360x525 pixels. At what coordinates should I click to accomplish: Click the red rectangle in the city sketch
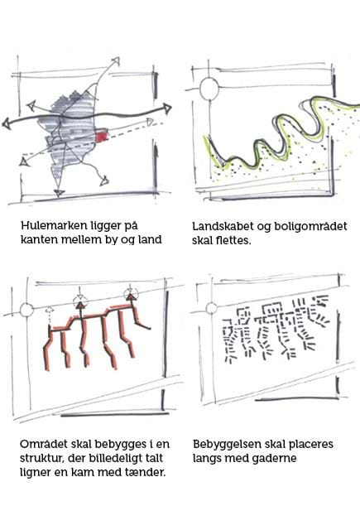coord(102,137)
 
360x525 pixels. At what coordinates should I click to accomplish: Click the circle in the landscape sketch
coord(209,89)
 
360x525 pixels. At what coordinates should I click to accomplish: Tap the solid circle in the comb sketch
coord(26,311)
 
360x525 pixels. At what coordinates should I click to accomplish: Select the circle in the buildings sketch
coord(212,308)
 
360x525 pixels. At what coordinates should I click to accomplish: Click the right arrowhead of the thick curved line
coord(167,108)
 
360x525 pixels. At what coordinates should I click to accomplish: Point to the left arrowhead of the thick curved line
coord(7,123)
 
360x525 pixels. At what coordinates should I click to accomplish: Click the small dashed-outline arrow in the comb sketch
coord(50,313)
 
